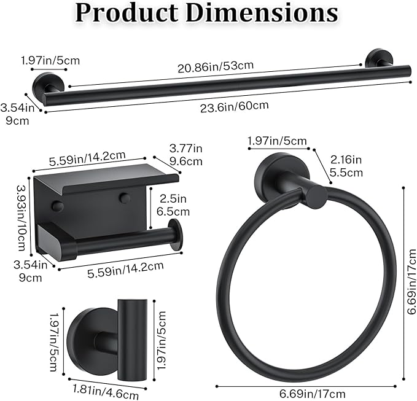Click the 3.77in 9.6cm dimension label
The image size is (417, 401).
coord(185,154)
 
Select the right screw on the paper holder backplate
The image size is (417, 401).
coord(125,198)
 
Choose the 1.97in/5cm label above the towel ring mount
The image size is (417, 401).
coord(277,142)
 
